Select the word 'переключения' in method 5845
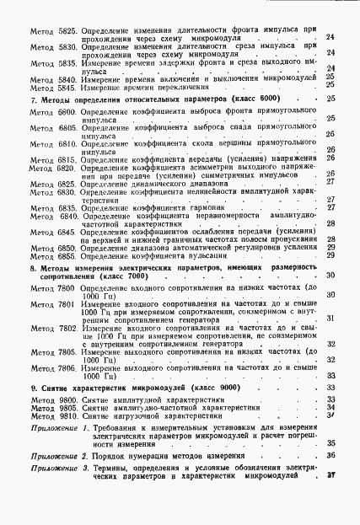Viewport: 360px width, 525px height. pyautogui.click(x=177, y=86)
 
